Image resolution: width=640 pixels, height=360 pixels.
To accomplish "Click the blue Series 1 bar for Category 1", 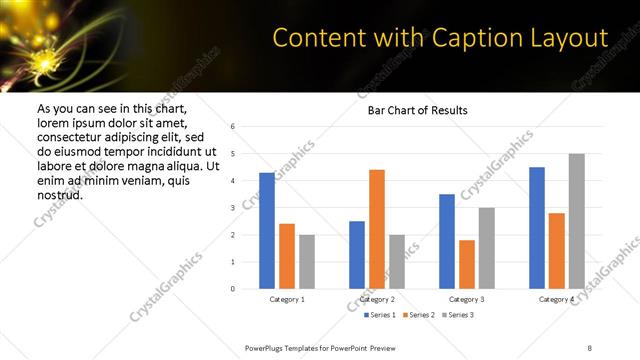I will [x=267, y=231].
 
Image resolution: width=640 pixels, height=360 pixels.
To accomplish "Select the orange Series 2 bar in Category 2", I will [x=377, y=229].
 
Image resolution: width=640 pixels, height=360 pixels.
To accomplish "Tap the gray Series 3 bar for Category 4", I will [x=576, y=221].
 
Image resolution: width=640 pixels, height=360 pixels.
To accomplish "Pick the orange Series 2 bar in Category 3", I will [x=467, y=264].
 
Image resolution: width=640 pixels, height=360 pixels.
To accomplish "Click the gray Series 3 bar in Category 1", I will [x=306, y=262].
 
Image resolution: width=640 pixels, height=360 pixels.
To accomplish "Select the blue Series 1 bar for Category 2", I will [x=357, y=255].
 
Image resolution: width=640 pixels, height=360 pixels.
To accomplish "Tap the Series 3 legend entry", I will [x=457, y=315].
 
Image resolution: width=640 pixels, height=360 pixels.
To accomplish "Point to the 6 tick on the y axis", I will [x=232, y=127].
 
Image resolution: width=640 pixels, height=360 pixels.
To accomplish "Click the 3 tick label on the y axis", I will [x=232, y=208].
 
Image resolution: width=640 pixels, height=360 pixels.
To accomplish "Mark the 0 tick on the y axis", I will [x=232, y=289].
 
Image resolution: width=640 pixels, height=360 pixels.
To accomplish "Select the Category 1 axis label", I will [x=287, y=299].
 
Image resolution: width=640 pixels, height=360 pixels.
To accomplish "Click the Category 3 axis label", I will [x=467, y=299].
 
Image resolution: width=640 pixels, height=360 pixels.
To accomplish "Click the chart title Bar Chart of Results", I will [x=411, y=110].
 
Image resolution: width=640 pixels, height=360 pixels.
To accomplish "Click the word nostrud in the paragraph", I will [x=60, y=194].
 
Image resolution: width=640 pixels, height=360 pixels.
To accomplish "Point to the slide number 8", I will [x=589, y=346].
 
